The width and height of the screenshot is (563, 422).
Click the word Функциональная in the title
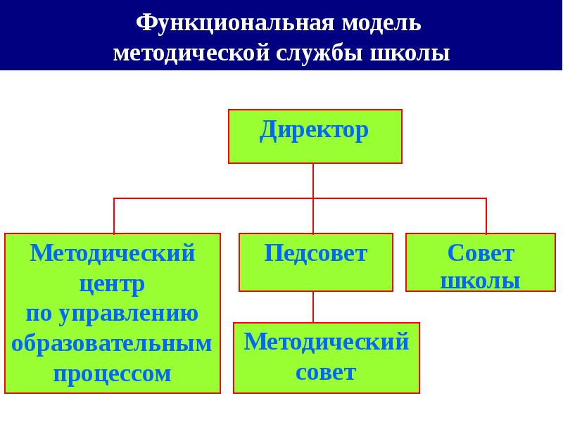[x=235, y=23]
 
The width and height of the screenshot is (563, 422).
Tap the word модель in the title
[x=381, y=24]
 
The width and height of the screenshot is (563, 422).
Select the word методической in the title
[x=191, y=53]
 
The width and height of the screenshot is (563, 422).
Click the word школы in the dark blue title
[x=410, y=53]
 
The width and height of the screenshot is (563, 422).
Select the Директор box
[x=315, y=136]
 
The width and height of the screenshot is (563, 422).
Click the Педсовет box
[x=316, y=262]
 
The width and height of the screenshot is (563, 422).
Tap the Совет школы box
[x=481, y=262]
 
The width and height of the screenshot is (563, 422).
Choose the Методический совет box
[x=327, y=358]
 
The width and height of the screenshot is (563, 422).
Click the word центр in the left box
[x=112, y=284]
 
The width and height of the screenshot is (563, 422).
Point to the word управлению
[x=128, y=314]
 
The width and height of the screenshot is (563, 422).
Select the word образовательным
[x=112, y=343]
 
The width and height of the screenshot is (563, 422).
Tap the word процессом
[x=112, y=374]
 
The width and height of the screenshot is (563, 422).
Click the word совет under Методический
[x=326, y=373]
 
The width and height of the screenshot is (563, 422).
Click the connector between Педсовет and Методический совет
[x=313, y=307]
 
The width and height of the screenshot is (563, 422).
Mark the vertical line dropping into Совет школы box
[x=486, y=216]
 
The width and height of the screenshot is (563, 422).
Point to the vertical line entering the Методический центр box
[x=114, y=216]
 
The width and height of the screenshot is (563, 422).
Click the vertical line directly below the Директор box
[x=313, y=198]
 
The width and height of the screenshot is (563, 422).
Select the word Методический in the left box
[x=113, y=253]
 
